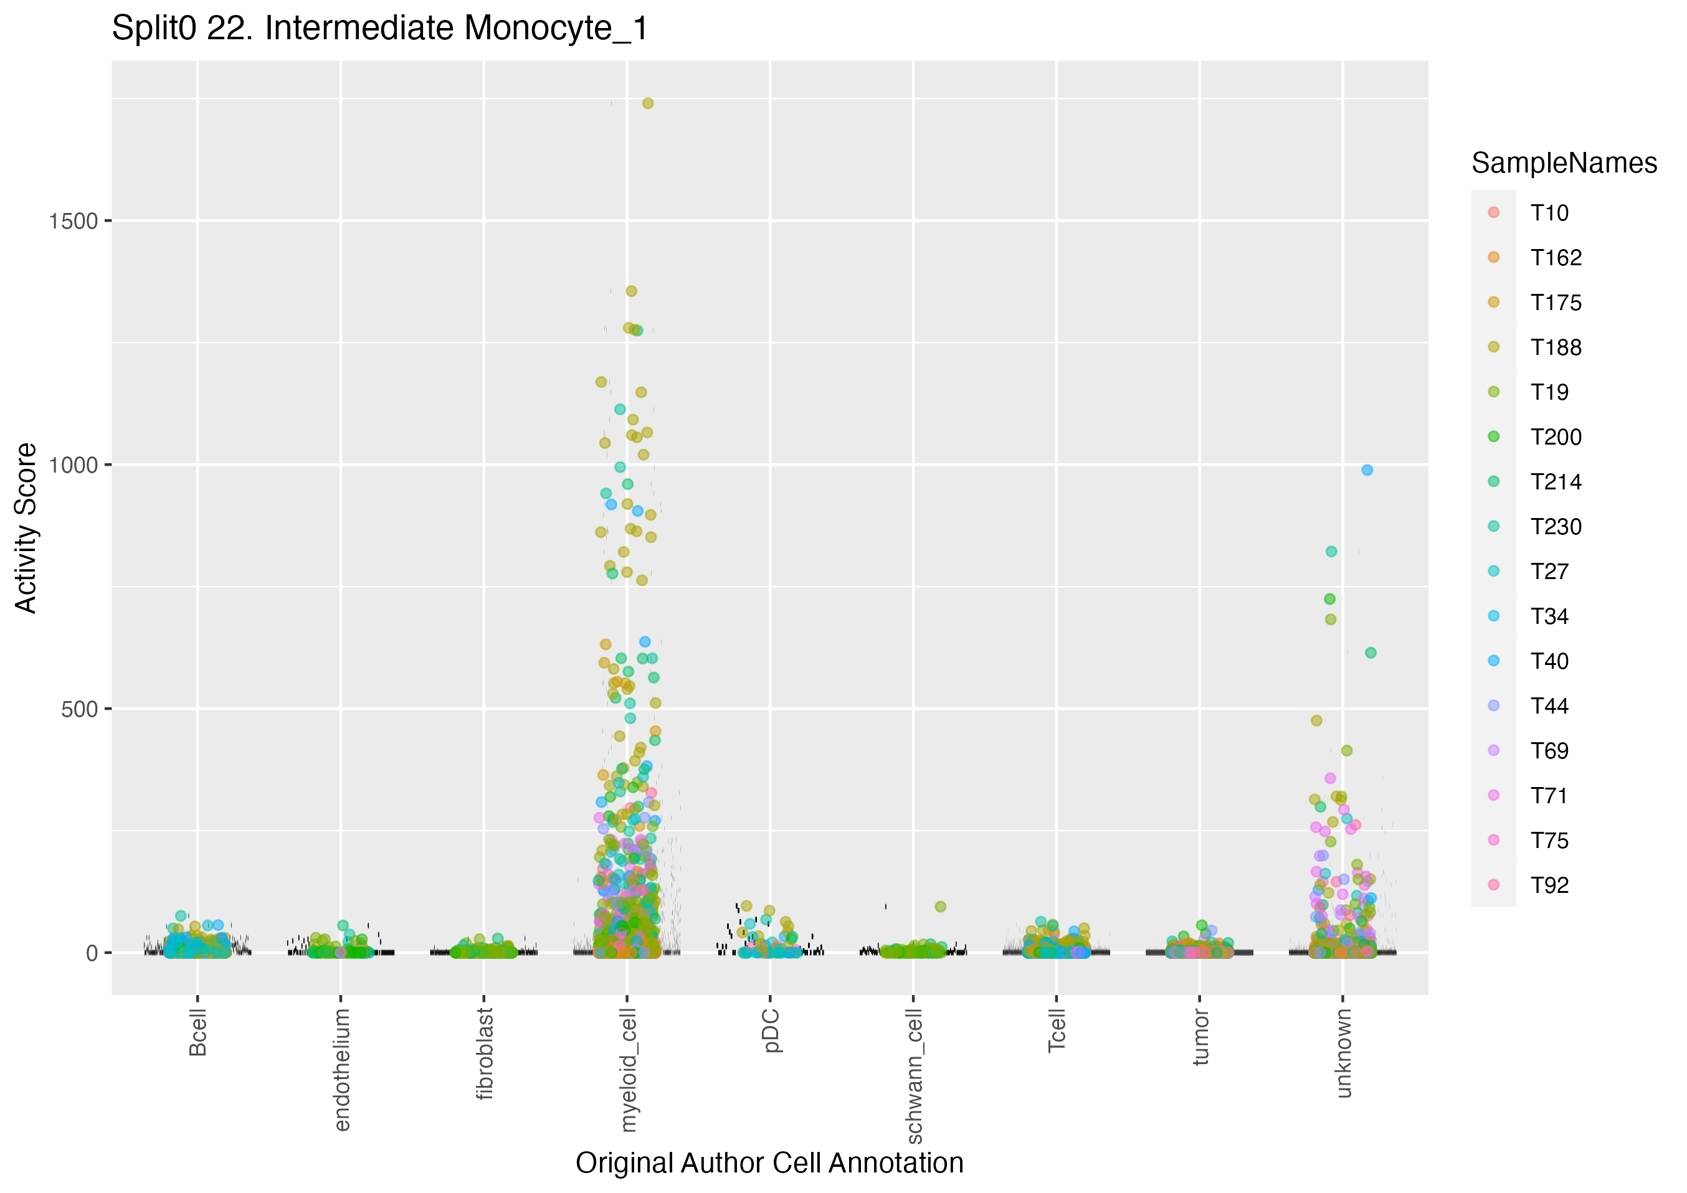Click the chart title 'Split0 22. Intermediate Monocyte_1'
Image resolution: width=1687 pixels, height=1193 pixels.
click(380, 29)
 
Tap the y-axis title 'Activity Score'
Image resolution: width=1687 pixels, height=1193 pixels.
click(26, 527)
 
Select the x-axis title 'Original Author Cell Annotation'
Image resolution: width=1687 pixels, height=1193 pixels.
click(769, 1163)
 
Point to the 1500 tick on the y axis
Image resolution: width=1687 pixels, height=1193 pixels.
click(74, 221)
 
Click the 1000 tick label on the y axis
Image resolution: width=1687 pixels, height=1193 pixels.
click(74, 465)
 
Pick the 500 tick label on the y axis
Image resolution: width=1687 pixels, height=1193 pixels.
click(79, 709)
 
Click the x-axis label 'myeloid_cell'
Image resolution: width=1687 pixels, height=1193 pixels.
click(628, 1070)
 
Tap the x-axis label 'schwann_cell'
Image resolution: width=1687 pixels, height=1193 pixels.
click(914, 1076)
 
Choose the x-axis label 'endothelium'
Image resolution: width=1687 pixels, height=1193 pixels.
click(341, 1070)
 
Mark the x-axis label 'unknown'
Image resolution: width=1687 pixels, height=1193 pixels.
click(1344, 1053)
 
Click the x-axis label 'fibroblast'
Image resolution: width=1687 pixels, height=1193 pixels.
click(485, 1054)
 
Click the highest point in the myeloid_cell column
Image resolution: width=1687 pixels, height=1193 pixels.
click(647, 103)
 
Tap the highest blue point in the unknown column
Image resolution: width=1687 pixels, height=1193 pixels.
click(1367, 470)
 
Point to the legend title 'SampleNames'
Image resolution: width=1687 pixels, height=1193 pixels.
click(1564, 163)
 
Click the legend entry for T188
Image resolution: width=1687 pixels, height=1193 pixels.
click(1556, 347)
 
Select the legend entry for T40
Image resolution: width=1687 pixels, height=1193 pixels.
click(1549, 661)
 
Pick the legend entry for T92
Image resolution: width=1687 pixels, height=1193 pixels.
click(1549, 885)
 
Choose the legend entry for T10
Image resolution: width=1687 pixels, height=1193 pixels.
click(1549, 213)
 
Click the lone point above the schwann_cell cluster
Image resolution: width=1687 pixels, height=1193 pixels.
click(941, 907)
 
